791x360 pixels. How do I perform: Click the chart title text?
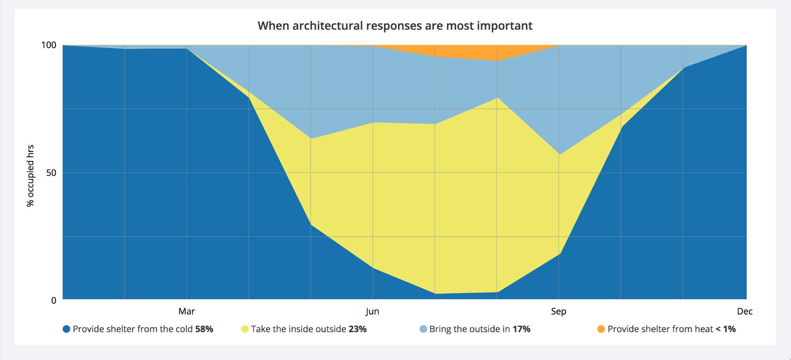395,26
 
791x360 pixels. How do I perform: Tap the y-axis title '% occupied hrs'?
30,175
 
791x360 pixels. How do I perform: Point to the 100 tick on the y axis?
49,45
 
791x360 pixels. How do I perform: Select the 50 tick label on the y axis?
51,173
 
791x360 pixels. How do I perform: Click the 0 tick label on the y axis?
54,301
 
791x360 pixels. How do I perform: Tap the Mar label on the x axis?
186,311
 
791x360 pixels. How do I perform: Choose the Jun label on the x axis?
372,311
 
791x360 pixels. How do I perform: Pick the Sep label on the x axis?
558,311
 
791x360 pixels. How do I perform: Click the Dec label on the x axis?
744,311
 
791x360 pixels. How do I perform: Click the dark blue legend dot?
66,329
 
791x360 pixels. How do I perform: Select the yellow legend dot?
245,329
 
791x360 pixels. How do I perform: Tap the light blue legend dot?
423,329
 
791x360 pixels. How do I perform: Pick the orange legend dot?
601,329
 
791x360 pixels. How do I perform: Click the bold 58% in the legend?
204,329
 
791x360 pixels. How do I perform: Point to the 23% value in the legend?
357,329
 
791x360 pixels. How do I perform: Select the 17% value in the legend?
521,329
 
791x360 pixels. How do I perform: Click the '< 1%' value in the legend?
725,329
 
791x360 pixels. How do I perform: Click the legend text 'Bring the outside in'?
469,329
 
